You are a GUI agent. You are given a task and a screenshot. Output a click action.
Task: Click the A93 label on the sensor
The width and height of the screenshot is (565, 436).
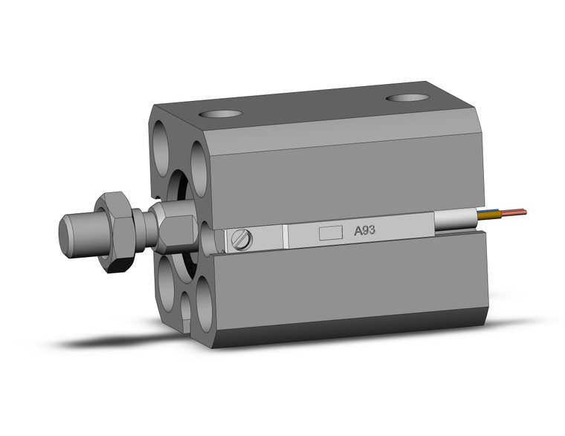[364, 231]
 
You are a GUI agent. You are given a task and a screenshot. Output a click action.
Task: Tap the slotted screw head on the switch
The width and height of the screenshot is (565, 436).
[241, 239]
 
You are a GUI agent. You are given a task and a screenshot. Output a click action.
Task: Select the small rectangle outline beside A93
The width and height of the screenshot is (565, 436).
[329, 232]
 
